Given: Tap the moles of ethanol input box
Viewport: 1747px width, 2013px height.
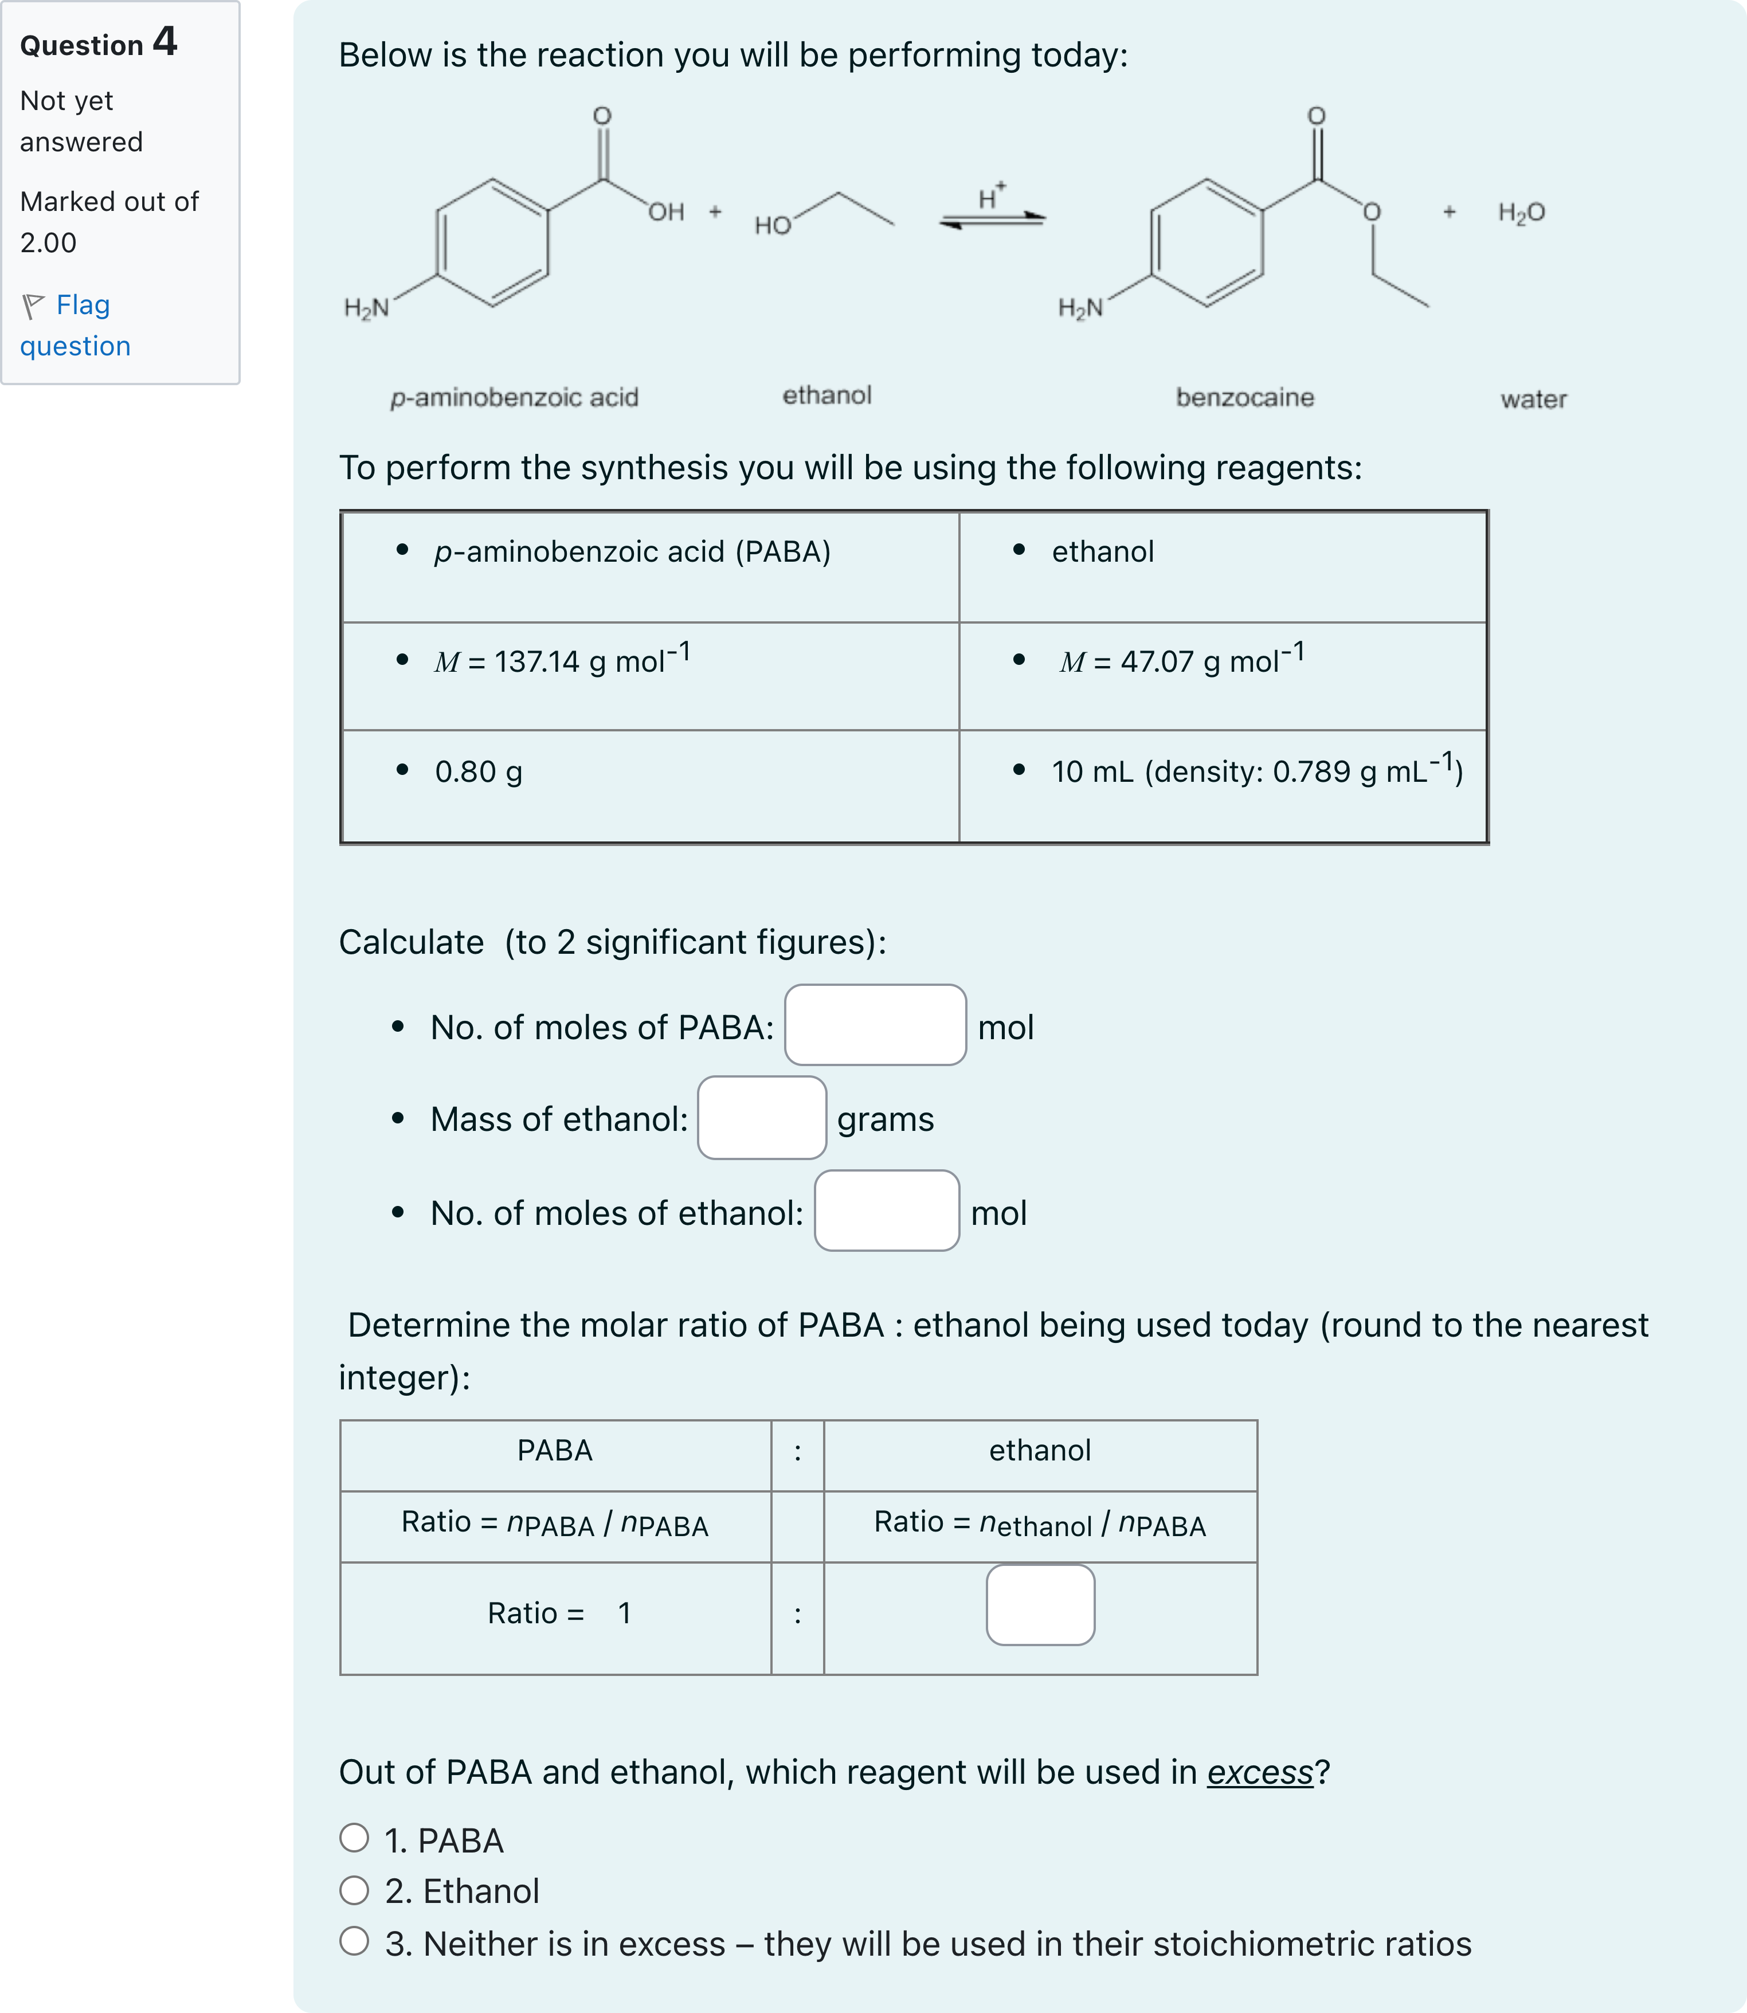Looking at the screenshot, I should [886, 1211].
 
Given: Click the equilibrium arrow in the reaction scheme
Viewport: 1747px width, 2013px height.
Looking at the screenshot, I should [992, 220].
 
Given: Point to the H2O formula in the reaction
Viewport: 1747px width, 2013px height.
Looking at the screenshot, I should [1521, 213].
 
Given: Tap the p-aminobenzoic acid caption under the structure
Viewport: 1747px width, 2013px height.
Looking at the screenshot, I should [514, 398].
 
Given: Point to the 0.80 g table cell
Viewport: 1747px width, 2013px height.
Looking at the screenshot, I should [477, 772].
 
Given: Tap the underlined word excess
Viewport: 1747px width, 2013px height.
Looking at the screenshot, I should [1260, 1772].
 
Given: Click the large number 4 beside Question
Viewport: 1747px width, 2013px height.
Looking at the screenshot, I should [164, 42].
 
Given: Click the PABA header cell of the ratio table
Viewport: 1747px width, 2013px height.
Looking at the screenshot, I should [555, 1451].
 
